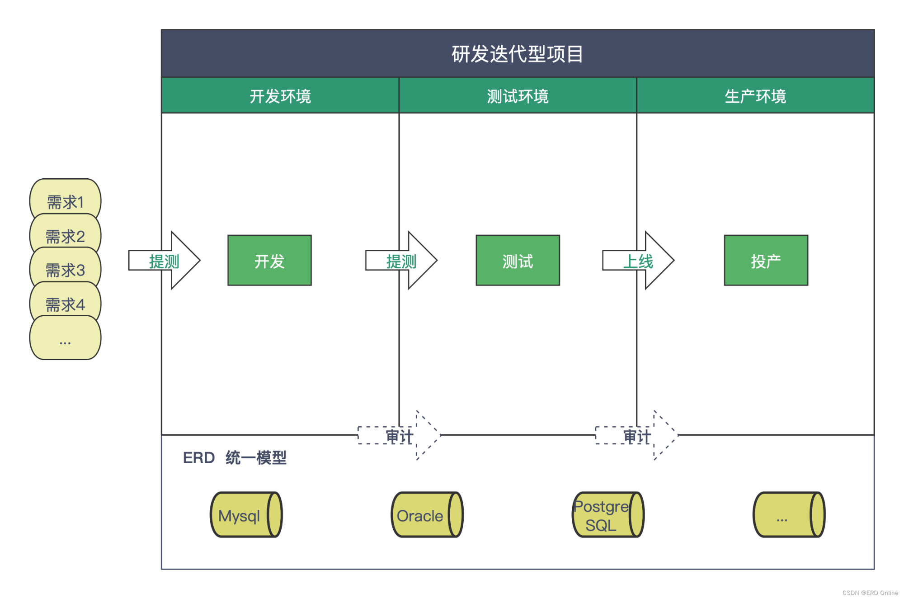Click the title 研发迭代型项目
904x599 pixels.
tap(518, 54)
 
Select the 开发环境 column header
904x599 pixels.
tap(280, 96)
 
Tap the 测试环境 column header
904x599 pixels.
tap(518, 96)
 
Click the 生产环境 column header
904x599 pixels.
tap(755, 96)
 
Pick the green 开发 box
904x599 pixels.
tap(269, 261)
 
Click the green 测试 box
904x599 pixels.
tap(518, 261)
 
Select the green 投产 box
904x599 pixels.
tap(766, 261)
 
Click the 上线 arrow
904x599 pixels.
tap(638, 261)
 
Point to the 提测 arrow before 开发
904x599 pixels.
tap(164, 261)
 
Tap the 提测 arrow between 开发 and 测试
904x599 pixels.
tap(401, 261)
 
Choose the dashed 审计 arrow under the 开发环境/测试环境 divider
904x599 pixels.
tap(399, 436)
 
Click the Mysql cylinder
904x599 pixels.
tap(246, 515)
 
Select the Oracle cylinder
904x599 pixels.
tap(427, 515)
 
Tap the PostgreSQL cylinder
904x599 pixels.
tap(607, 515)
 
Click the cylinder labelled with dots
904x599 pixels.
tap(789, 515)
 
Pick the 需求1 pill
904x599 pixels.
tap(65, 201)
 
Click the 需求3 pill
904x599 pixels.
tap(65, 270)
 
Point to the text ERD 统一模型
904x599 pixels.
tap(235, 458)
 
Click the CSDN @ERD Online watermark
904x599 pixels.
tap(870, 593)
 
